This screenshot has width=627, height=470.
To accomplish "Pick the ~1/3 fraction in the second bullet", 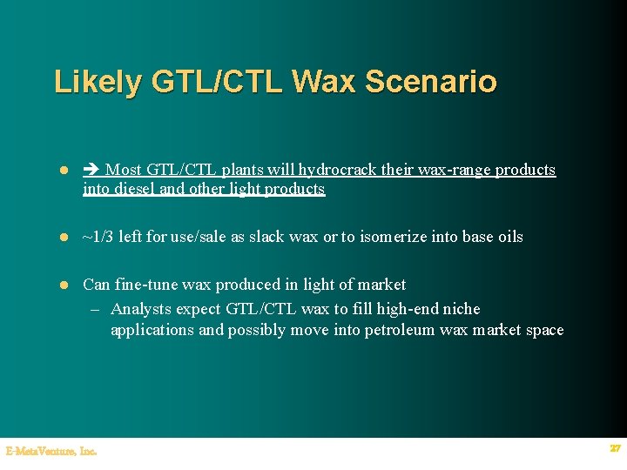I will (x=98, y=237).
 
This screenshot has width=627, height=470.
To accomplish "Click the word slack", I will (x=267, y=237).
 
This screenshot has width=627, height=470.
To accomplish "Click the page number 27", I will (x=615, y=448).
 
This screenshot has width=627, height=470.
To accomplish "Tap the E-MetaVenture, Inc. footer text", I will (x=51, y=451).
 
